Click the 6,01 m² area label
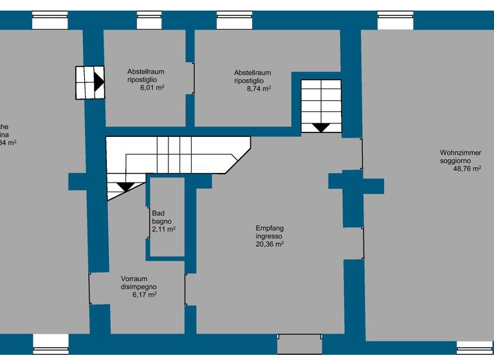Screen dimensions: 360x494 coord(152,88)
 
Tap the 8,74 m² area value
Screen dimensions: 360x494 coord(259,89)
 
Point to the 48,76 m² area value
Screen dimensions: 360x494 coord(468,169)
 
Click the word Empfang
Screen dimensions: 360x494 coord(270,228)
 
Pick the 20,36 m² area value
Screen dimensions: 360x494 coord(270,244)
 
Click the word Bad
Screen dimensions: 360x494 coord(158,213)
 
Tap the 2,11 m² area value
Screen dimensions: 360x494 coord(164,229)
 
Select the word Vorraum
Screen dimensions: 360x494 coord(134,279)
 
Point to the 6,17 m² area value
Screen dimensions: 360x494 coord(145,294)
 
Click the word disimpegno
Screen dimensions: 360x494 coord(139,287)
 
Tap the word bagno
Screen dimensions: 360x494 coord(162,221)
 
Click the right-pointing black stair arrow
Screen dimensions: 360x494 coord(98,82)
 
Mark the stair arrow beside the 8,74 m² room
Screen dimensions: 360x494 coord(320,127)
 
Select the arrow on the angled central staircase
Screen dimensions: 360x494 coord(125,187)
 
